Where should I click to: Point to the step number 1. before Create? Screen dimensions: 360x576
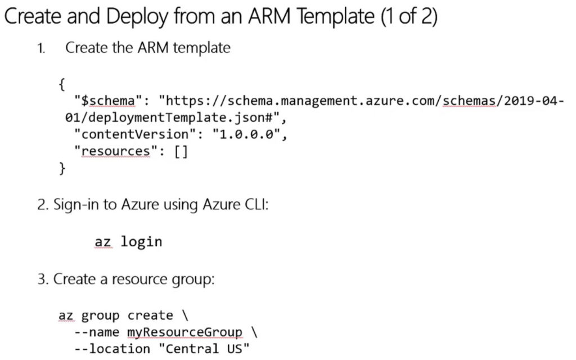(x=42, y=48)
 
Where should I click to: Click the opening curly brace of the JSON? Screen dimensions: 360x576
(x=62, y=85)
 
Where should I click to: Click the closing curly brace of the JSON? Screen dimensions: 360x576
(x=62, y=168)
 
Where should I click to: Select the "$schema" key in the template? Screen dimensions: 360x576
(x=108, y=101)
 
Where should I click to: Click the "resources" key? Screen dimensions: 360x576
(x=116, y=151)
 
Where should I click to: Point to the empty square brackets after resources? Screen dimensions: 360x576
(x=181, y=151)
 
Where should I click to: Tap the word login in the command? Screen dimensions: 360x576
(x=141, y=242)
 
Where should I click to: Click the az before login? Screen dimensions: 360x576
(x=103, y=242)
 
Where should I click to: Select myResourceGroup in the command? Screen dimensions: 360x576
(x=184, y=332)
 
